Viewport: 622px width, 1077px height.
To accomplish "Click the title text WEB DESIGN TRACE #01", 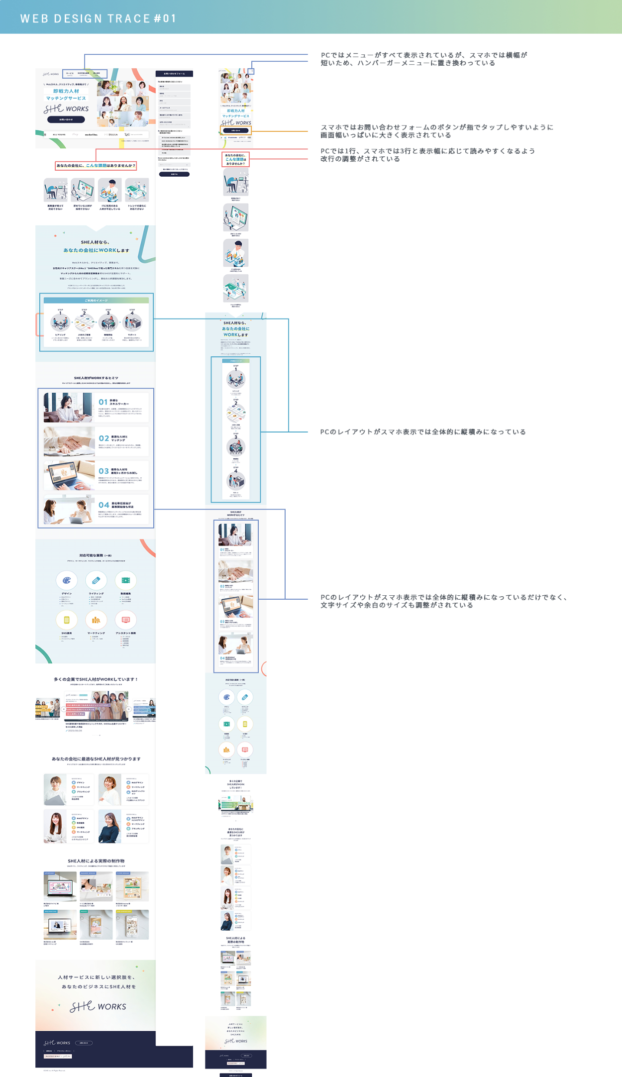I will pos(99,18).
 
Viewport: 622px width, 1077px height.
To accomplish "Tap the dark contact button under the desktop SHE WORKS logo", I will pos(66,120).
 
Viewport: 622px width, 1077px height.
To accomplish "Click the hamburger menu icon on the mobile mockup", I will pos(252,72).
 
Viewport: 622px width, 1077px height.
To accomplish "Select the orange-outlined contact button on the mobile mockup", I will pos(236,131).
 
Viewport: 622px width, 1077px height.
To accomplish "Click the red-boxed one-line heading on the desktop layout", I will pos(96,166).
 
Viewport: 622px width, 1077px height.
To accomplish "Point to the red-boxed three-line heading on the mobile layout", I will pos(235,159).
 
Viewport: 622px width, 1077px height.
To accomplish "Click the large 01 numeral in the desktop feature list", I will pos(103,402).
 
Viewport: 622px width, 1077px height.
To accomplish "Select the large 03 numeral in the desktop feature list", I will pos(104,471).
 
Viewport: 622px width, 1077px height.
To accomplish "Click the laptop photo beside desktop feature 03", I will pos(69,475).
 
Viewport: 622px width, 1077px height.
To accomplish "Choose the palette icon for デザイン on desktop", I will pos(67,580).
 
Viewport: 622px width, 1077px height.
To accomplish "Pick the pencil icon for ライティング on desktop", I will pos(96,580).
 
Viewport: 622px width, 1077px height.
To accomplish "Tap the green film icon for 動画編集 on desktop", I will pos(125,580).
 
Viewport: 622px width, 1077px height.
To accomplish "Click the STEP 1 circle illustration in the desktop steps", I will pos(60,323).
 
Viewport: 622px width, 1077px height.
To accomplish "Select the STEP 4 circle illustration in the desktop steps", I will pos(132,323).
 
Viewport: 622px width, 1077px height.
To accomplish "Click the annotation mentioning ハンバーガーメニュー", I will pos(423,59).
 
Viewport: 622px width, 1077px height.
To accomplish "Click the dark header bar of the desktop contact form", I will pos(174,74).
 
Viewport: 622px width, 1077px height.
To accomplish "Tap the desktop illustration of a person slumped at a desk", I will pos(55,190).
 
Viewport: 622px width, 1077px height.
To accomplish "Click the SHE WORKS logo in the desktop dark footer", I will pos(57,1043).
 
